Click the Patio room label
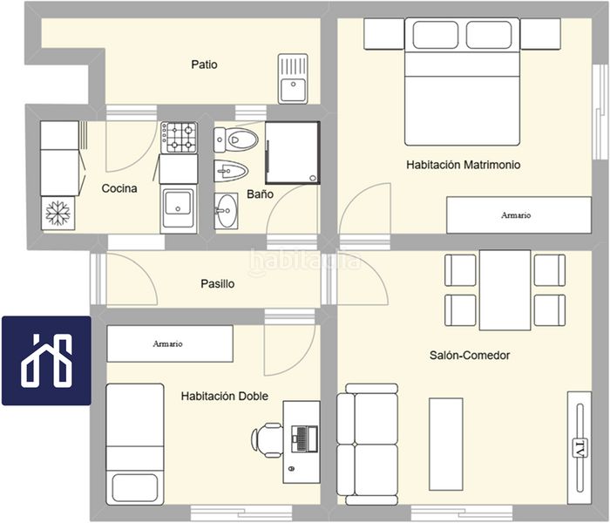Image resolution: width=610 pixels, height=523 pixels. click(204, 65)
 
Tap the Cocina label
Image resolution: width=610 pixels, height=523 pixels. click(119, 189)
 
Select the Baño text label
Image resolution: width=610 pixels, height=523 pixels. click(261, 194)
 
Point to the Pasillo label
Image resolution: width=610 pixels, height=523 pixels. click(218, 283)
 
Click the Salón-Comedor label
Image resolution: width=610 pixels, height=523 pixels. click(470, 356)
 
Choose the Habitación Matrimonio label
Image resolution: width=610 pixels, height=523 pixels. click(464, 165)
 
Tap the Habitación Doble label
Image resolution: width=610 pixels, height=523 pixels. click(225, 396)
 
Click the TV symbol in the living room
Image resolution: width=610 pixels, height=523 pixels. click(580, 448)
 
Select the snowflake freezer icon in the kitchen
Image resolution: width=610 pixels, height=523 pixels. click(58, 214)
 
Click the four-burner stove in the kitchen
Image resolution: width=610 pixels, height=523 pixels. click(180, 138)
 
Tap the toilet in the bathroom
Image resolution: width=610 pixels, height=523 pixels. click(236, 139)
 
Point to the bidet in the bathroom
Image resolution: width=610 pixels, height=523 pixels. click(231, 171)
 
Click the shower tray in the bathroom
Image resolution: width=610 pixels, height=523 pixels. click(293, 153)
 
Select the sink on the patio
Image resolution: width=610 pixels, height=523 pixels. click(293, 79)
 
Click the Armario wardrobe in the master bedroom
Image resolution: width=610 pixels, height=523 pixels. click(519, 215)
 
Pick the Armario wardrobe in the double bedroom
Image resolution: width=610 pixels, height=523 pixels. click(170, 343)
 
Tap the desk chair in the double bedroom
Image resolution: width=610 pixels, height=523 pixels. click(268, 440)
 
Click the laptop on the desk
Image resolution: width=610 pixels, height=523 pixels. click(305, 439)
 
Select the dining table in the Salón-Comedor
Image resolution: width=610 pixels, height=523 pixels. click(505, 290)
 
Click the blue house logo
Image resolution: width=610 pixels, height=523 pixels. click(47, 361)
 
